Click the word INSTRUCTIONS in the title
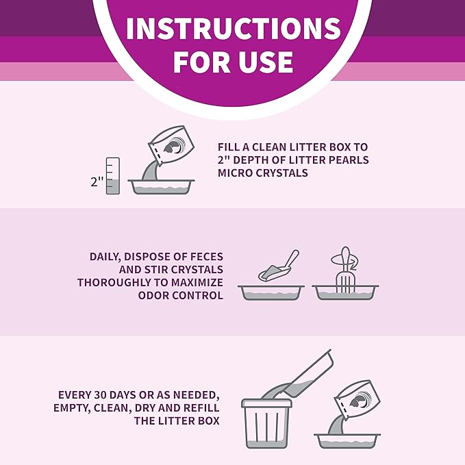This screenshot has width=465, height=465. tap(234, 29)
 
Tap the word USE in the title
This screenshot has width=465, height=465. tap(262, 62)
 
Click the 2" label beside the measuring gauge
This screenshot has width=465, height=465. tap(97, 181)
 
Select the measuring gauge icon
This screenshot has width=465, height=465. tap(113, 176)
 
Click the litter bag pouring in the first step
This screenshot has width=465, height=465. tap(171, 146)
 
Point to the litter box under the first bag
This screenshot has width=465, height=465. tap(162, 187)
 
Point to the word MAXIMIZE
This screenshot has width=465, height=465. tap(197, 282)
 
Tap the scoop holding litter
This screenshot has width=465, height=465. tap(278, 266)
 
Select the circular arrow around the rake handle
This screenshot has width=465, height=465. tap(344, 262)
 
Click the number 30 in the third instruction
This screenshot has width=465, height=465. tap(101, 395)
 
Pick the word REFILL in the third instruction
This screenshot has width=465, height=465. tap(201, 407)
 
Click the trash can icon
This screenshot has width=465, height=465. tap(266, 423)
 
